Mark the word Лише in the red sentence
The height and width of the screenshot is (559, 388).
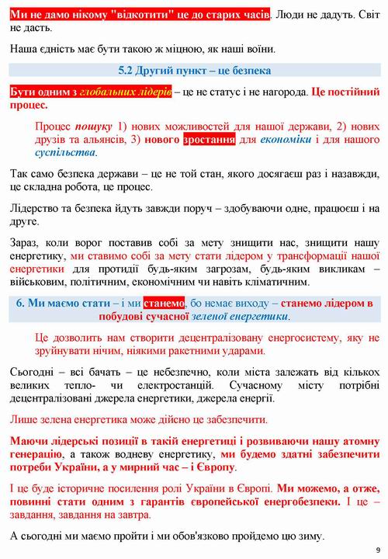pyautogui.click(x=24, y=419)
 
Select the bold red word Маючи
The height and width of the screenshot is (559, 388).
pyautogui.click(x=29, y=443)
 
